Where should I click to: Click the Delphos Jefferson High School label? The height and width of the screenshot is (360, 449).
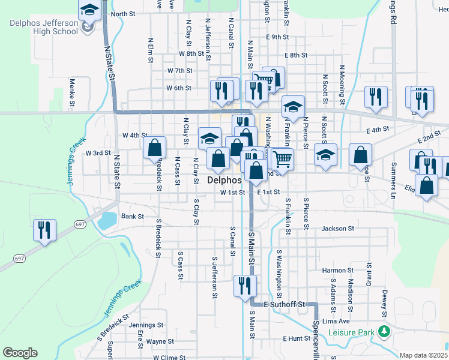44,27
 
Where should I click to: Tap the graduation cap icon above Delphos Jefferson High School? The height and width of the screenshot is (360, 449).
89,10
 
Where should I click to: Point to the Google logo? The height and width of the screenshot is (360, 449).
20,352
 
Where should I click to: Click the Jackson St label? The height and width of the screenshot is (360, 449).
338,229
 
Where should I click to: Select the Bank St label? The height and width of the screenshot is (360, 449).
133,216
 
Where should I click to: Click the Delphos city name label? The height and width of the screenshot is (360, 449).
224,180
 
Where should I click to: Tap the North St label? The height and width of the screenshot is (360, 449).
122,14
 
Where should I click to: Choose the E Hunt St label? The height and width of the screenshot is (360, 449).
297,339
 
